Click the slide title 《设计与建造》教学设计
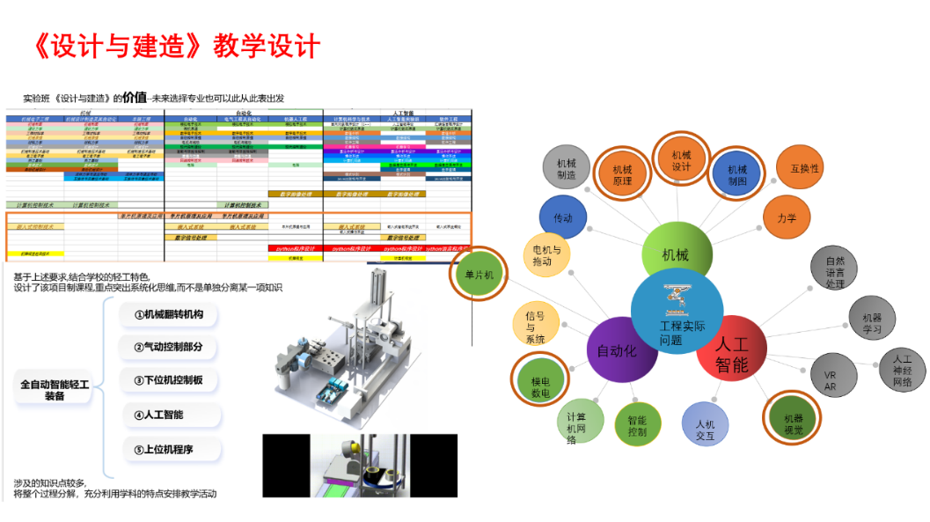(175, 46)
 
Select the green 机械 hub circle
(676, 255)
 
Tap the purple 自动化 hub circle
(621, 349)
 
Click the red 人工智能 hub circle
(730, 353)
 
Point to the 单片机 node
(480, 275)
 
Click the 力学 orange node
(787, 217)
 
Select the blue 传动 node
(562, 217)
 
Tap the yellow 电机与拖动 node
(546, 255)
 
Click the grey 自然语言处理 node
(834, 271)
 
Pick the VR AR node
(829, 380)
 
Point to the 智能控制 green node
(637, 427)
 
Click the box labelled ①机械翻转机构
(168, 314)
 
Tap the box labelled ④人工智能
(168, 415)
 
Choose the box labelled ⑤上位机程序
(168, 449)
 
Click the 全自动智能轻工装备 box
(55, 389)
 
